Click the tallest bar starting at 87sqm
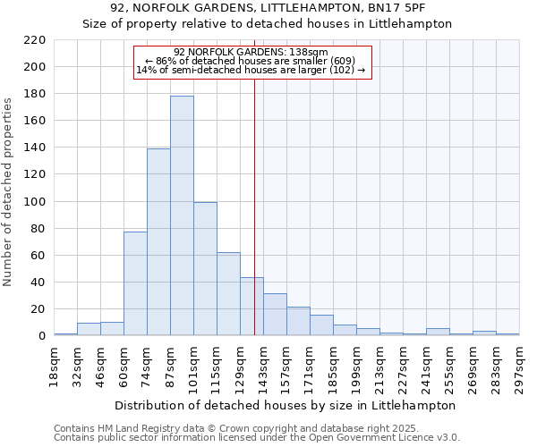(182, 215)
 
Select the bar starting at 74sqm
(158, 242)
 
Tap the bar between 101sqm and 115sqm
(205, 269)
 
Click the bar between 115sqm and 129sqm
(228, 294)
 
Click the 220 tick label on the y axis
(35, 40)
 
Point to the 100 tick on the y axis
(35, 202)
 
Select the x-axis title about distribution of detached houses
(286, 405)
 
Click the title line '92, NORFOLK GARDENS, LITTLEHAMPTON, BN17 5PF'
(268, 8)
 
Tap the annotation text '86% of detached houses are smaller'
(251, 61)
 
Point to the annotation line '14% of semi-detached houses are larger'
(251, 70)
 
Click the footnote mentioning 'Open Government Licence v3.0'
(257, 438)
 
